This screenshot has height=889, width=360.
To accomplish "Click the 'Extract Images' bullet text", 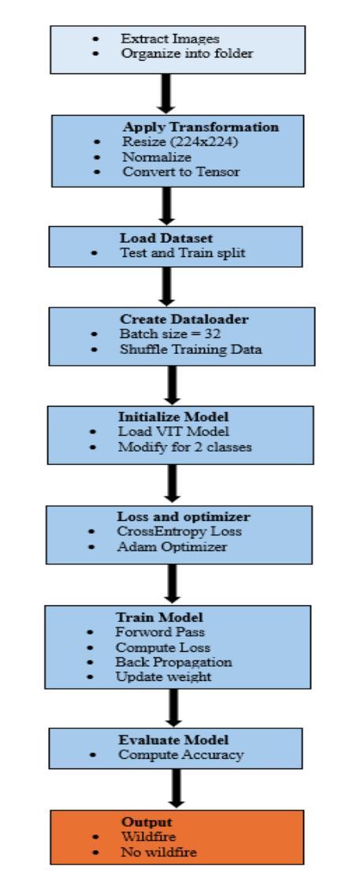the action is pyautogui.click(x=170, y=39).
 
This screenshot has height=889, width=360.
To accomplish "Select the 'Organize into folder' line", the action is pyautogui.click(x=187, y=54).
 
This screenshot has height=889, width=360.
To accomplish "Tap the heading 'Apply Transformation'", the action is pyautogui.click(x=201, y=127).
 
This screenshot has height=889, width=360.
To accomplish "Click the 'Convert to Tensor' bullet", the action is pyautogui.click(x=181, y=171).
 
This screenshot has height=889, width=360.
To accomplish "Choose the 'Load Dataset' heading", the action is pyautogui.click(x=163, y=238).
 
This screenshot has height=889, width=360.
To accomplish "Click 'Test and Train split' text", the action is pyautogui.click(x=183, y=253).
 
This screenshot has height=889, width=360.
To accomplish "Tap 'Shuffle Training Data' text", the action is pyautogui.click(x=191, y=349).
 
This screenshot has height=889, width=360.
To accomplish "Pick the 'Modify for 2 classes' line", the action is pyautogui.click(x=185, y=447).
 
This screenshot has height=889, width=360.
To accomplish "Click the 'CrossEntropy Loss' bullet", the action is pyautogui.click(x=179, y=532).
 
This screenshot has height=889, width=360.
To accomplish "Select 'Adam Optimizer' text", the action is pyautogui.click(x=172, y=547).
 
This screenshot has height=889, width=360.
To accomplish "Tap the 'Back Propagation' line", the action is pyautogui.click(x=174, y=662).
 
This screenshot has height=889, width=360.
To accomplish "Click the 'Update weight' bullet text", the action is pyautogui.click(x=163, y=676).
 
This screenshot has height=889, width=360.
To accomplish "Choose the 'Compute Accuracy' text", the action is pyautogui.click(x=181, y=755).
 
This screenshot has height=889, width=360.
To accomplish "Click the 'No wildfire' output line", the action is pyautogui.click(x=159, y=852).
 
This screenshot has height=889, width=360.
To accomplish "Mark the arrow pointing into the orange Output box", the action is pyautogui.click(x=176, y=787).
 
